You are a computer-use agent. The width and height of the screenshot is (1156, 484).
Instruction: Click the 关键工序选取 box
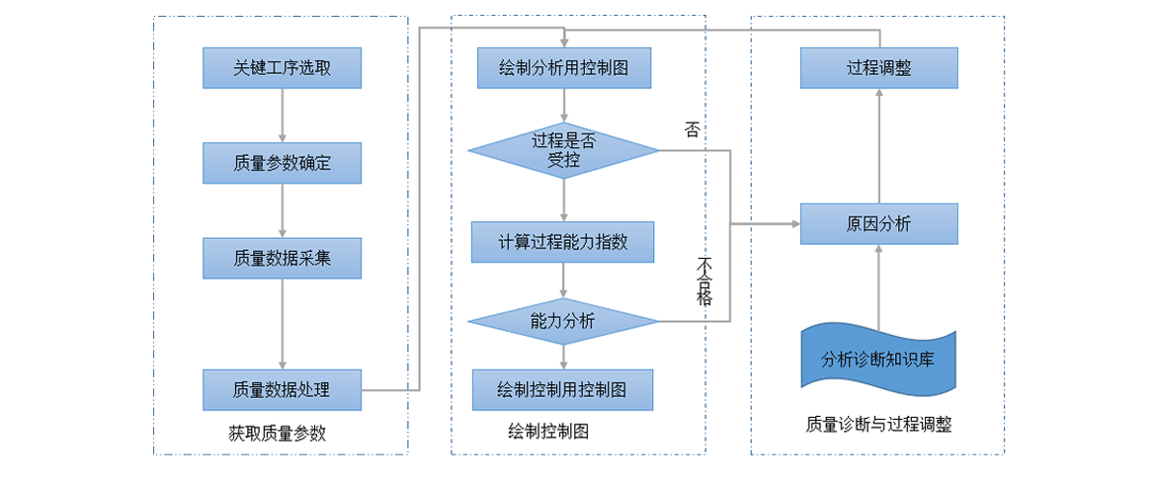(x=282, y=68)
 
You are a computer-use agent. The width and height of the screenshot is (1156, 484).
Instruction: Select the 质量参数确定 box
(x=282, y=163)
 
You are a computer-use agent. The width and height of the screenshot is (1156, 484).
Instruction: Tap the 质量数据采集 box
(x=282, y=258)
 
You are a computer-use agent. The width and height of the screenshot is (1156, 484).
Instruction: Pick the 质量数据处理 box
(x=282, y=389)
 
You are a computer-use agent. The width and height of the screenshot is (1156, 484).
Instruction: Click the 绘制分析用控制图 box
(x=563, y=68)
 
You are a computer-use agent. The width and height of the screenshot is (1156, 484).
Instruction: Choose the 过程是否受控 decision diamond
(x=563, y=151)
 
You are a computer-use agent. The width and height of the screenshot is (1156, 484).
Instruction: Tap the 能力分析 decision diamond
(x=563, y=321)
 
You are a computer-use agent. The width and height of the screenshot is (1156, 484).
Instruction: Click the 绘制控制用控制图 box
(x=563, y=389)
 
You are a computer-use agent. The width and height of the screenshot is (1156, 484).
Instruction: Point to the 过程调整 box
(x=878, y=68)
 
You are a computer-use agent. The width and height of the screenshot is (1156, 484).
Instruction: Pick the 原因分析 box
(x=878, y=224)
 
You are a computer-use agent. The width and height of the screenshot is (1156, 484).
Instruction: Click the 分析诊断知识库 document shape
(x=878, y=359)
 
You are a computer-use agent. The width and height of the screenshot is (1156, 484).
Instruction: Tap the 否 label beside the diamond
(x=692, y=129)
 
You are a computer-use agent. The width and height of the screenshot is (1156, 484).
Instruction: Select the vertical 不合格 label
(x=704, y=282)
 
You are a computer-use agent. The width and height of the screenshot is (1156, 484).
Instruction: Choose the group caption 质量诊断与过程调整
(x=878, y=425)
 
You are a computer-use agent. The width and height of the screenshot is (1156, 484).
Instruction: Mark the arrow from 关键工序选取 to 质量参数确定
(x=283, y=116)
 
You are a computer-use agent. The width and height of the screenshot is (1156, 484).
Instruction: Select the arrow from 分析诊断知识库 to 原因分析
(x=878, y=286)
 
